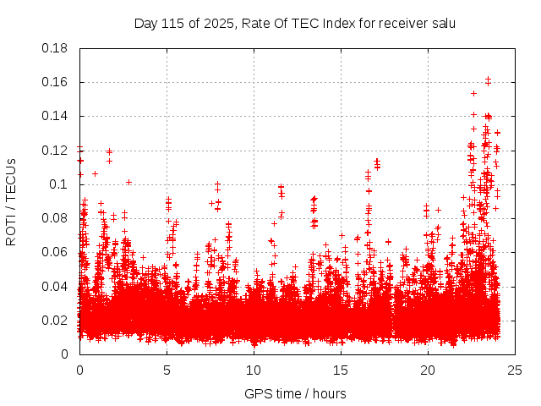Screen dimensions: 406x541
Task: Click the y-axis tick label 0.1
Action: [x=59, y=184]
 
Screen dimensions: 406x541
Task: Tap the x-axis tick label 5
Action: [x=167, y=370]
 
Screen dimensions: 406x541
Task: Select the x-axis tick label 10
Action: [x=254, y=370]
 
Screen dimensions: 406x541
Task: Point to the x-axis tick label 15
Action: [x=341, y=370]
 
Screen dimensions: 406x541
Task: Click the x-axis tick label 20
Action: [x=428, y=370]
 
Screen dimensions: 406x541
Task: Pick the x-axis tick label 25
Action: [x=515, y=370]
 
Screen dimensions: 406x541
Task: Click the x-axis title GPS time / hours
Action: [x=295, y=393]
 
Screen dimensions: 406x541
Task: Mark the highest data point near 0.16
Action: [x=488, y=80]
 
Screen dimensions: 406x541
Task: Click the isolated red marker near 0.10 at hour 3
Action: [x=128, y=182]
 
